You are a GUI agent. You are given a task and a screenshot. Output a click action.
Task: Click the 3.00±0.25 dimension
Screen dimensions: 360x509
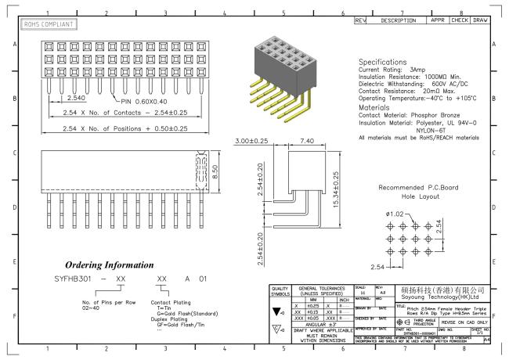pyautogui.click(x=252, y=141)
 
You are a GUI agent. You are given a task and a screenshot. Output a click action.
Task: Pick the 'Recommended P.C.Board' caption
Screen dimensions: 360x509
pyautogui.click(x=415, y=189)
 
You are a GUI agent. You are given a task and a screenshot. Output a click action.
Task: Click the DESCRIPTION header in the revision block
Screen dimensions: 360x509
pyautogui.click(x=402, y=19)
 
